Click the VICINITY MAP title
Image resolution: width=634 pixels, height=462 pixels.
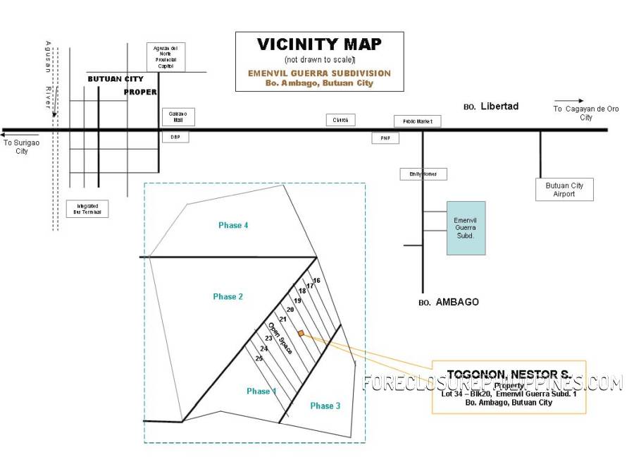319,44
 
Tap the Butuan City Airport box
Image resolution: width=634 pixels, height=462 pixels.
564,190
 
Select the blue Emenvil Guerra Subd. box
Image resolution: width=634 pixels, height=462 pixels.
466,227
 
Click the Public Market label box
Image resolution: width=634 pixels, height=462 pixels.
417,121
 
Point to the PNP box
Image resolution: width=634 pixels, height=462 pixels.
385,138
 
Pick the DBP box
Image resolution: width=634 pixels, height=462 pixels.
175,137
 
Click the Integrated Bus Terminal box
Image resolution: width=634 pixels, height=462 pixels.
88,209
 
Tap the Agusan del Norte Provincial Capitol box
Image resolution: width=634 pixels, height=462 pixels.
166,57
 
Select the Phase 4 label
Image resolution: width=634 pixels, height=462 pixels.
233,225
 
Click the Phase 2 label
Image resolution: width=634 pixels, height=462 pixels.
228,297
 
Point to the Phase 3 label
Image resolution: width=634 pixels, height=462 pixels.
325,406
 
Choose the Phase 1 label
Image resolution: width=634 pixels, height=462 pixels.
261,391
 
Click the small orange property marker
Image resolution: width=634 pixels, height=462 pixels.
301,333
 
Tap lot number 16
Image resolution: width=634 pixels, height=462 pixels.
317,281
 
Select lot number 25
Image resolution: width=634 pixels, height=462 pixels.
259,358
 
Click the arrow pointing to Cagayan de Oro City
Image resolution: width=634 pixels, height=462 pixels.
568,101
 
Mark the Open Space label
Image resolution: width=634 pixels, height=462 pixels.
280,337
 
